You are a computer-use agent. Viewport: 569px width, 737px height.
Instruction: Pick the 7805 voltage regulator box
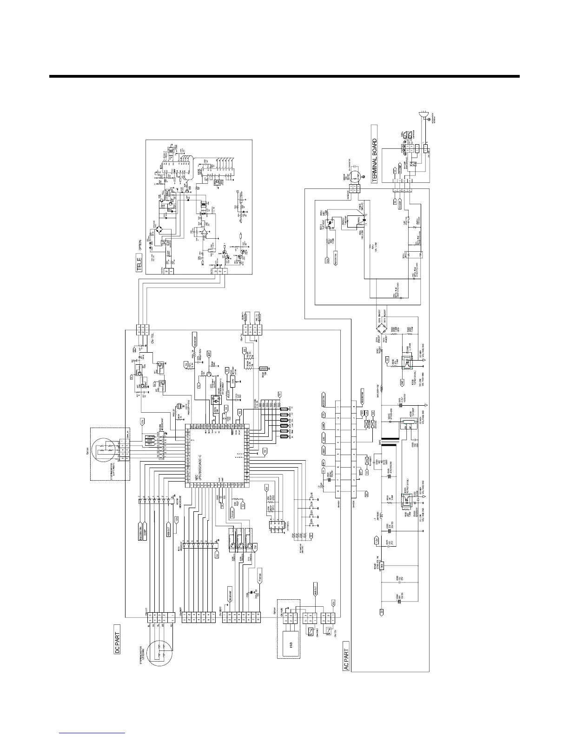(380, 566)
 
